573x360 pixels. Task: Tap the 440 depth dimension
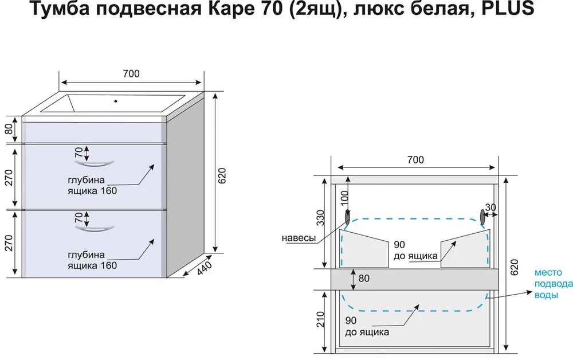pyautogui.click(x=205, y=268)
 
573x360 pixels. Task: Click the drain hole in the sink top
pyautogui.click(x=116, y=102)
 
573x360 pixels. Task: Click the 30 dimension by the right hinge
pyautogui.click(x=490, y=207)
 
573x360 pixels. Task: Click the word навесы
pyautogui.click(x=299, y=238)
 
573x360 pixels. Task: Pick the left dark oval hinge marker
pyautogui.click(x=347, y=217)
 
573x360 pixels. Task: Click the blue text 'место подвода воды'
pyautogui.click(x=553, y=283)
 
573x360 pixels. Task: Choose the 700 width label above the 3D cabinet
pyautogui.click(x=131, y=73)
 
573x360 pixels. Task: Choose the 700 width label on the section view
pyautogui.click(x=415, y=159)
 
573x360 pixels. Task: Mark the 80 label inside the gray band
pyautogui.click(x=363, y=279)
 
